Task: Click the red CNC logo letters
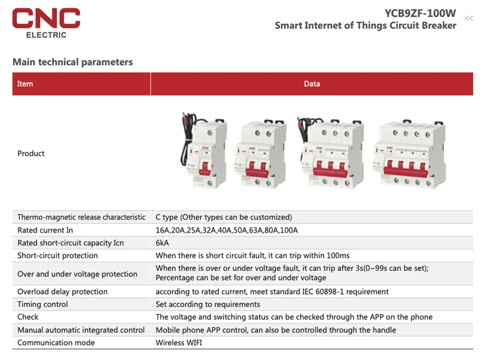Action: tap(46, 18)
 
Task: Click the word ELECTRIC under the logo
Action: tap(46, 35)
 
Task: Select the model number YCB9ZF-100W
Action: tap(420, 13)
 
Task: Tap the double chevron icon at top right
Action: tap(468, 18)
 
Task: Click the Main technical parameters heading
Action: tap(73, 62)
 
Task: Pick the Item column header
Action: tap(25, 84)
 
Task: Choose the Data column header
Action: tap(312, 84)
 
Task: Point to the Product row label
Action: tap(31, 154)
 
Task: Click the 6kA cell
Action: tap(163, 243)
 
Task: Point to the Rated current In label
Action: tap(45, 230)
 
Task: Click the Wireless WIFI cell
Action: tap(179, 343)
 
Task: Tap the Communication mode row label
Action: tap(56, 343)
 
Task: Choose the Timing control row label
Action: tap(42, 304)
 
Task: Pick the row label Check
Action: tap(28, 317)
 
